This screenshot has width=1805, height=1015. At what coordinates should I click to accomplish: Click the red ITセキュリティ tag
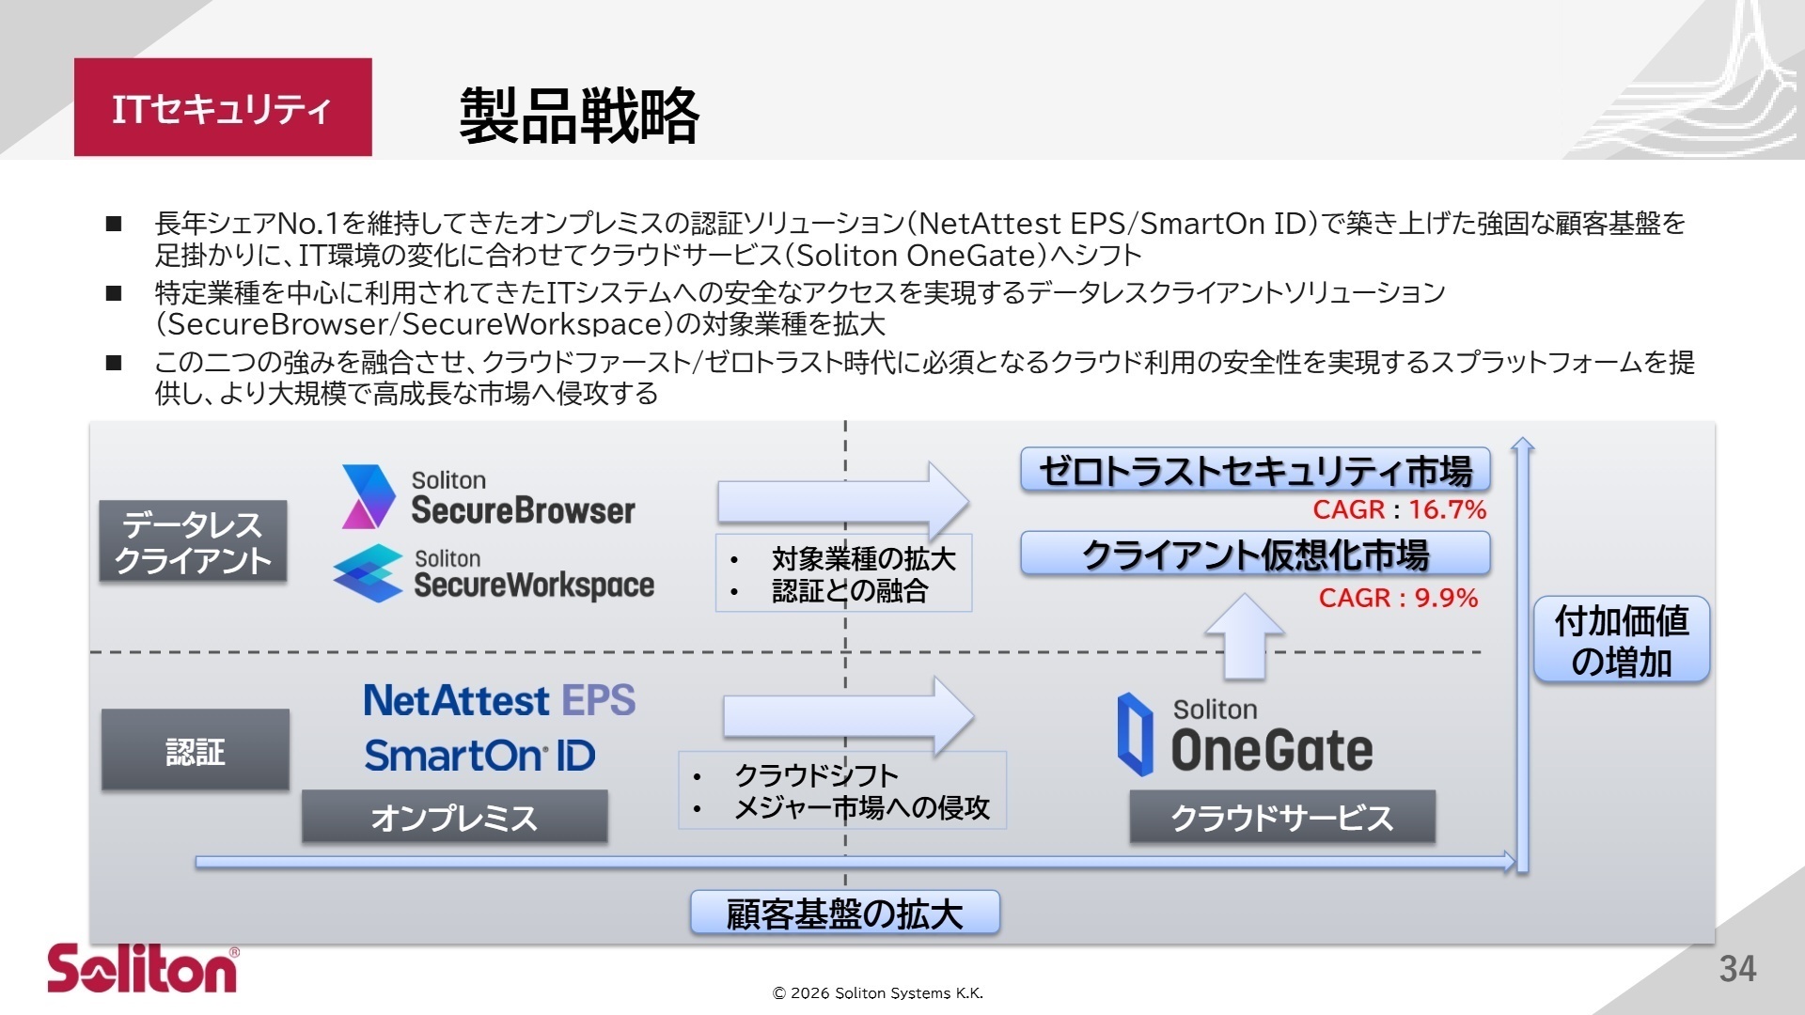pyautogui.click(x=223, y=107)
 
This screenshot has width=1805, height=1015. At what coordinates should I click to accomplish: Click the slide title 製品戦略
pyautogui.click(x=578, y=116)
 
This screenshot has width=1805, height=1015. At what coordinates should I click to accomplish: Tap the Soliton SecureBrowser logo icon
pyautogui.click(x=368, y=496)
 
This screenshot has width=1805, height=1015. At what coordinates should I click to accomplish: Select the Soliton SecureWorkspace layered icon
pyautogui.click(x=368, y=573)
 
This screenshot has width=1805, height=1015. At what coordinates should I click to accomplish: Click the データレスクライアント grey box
pyautogui.click(x=193, y=541)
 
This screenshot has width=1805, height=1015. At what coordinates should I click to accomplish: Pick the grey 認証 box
pyautogui.click(x=195, y=750)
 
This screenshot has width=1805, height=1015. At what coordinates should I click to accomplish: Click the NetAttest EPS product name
pyautogui.click(x=499, y=700)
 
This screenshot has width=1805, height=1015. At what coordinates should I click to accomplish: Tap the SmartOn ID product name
pyautogui.click(x=479, y=756)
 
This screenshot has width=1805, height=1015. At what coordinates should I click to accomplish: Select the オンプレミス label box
pyautogui.click(x=454, y=817)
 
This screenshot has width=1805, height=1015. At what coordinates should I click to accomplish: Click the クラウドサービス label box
pyautogui.click(x=1281, y=817)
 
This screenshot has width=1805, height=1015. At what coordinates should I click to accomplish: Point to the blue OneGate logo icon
pyautogui.click(x=1135, y=734)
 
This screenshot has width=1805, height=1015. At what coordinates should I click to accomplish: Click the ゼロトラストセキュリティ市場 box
pyautogui.click(x=1255, y=470)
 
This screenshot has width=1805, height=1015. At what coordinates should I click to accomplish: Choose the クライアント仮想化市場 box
pyautogui.click(x=1255, y=554)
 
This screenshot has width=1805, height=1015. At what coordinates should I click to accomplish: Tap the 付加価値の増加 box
pyautogui.click(x=1621, y=640)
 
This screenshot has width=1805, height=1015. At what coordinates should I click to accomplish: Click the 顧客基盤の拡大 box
pyautogui.click(x=844, y=913)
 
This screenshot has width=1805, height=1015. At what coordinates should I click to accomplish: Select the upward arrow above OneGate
pyautogui.click(x=1244, y=635)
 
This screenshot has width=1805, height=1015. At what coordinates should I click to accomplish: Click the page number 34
pyautogui.click(x=1737, y=969)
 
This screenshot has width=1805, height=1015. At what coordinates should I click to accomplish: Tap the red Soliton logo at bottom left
pyautogui.click(x=143, y=968)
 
